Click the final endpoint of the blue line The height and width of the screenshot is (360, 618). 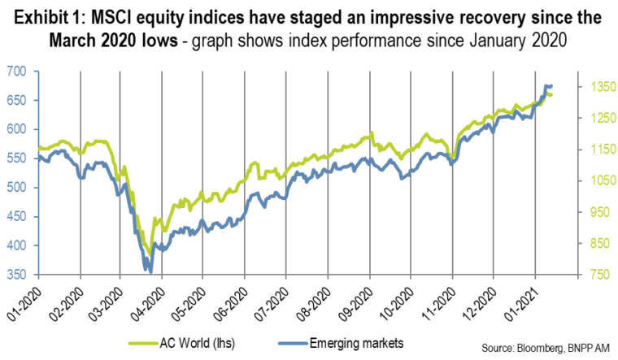coord(552,86)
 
